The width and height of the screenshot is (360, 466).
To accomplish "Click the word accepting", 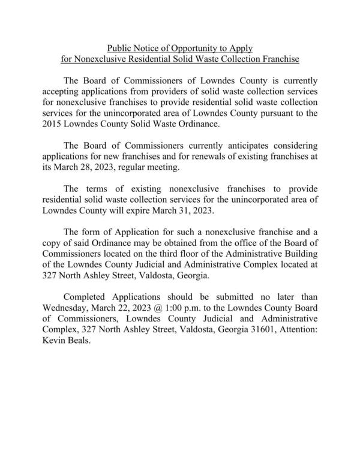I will coord(64,92).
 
